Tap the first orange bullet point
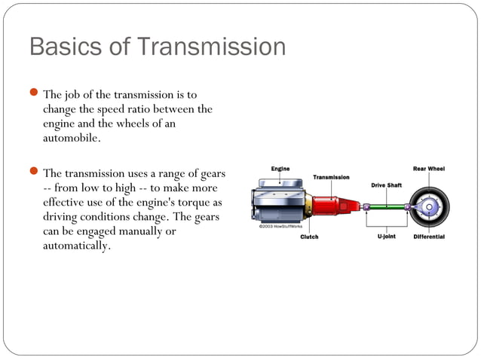[34, 94]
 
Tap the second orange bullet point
[34, 172]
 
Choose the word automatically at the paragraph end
[77, 246]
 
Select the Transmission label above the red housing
[331, 177]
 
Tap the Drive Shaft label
[386, 185]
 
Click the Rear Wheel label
[427, 169]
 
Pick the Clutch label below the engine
[309, 236]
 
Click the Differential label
[427, 236]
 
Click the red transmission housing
[328, 206]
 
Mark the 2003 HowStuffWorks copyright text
[280, 225]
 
